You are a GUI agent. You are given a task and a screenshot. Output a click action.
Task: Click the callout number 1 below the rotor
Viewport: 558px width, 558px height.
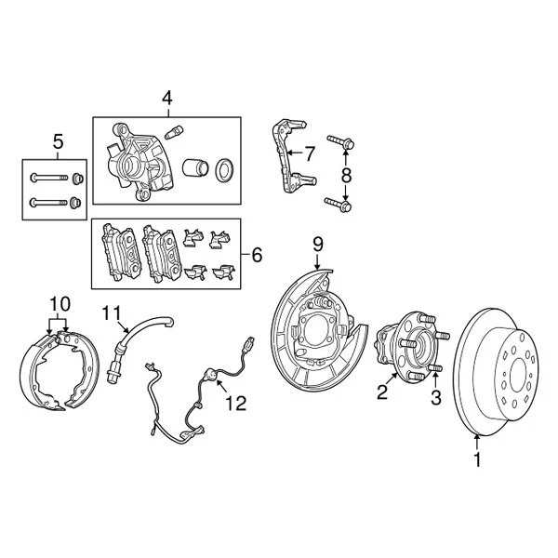[x=478, y=458]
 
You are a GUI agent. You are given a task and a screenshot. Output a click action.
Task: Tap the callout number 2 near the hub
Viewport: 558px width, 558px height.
[x=381, y=392]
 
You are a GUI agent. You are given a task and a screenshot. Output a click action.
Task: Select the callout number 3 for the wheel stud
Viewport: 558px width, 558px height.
[x=433, y=400]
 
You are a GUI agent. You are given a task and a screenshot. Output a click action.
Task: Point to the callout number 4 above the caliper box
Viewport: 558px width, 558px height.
[x=166, y=98]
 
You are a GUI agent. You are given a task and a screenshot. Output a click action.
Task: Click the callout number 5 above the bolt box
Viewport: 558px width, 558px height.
[x=58, y=141]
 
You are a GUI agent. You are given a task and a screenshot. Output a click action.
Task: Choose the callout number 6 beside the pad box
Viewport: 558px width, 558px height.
[x=257, y=252]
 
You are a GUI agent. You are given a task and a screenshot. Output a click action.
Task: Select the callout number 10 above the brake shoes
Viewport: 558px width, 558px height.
[x=60, y=303]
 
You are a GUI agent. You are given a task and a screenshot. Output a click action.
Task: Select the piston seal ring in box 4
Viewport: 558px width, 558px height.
[x=224, y=171]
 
